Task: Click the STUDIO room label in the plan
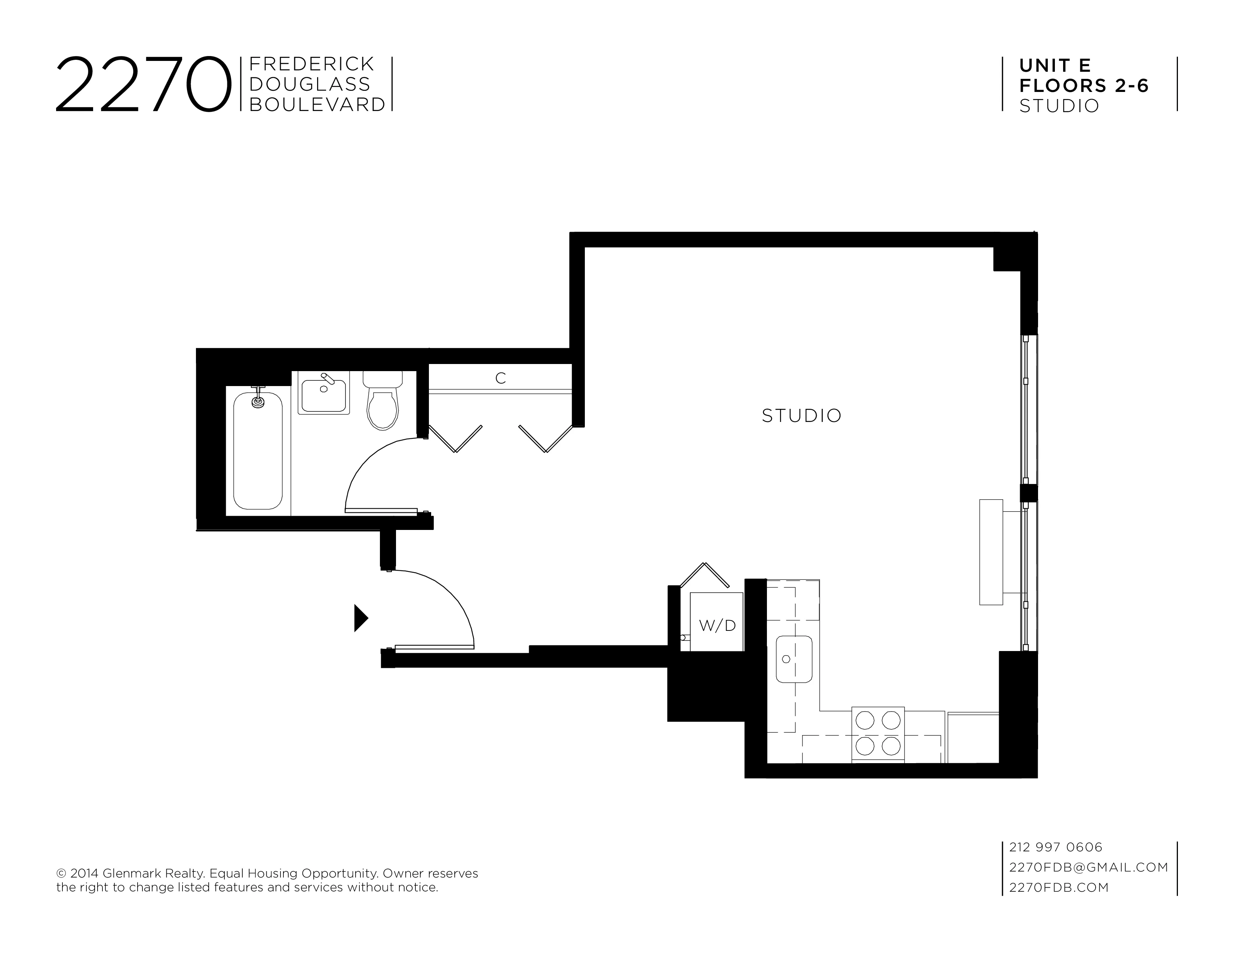tap(801, 416)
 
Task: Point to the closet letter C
tap(500, 378)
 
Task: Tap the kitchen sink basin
tap(794, 659)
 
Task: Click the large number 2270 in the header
tap(144, 85)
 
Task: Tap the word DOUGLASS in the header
tap(310, 84)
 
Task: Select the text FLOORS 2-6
tap(1084, 86)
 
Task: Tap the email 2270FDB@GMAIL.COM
tap(1088, 867)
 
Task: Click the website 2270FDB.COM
tap(1059, 888)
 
